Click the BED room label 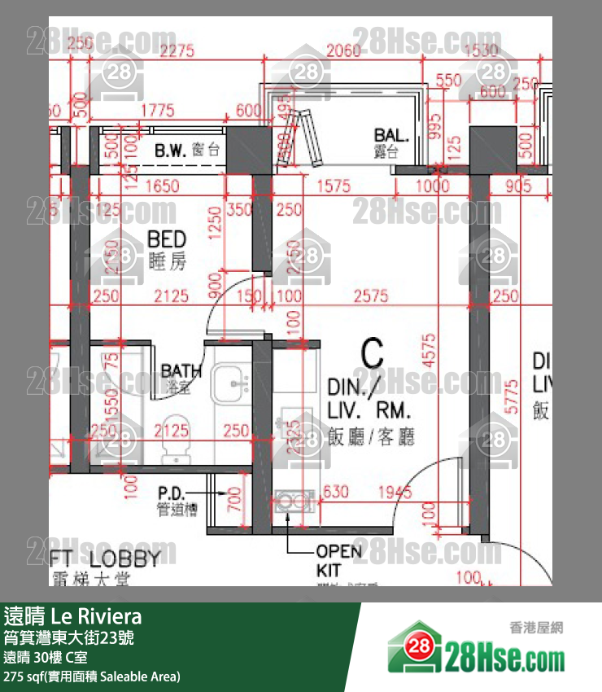coord(167,239)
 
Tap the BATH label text coord(181,371)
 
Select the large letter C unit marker coord(372,354)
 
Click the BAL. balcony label coord(390,134)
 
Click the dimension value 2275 coord(177,51)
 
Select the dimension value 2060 coord(342,51)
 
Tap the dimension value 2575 coord(372,297)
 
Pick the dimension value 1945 coord(395,491)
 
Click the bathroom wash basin coord(233,380)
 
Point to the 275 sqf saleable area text coord(92,677)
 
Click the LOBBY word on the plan coord(124,558)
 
